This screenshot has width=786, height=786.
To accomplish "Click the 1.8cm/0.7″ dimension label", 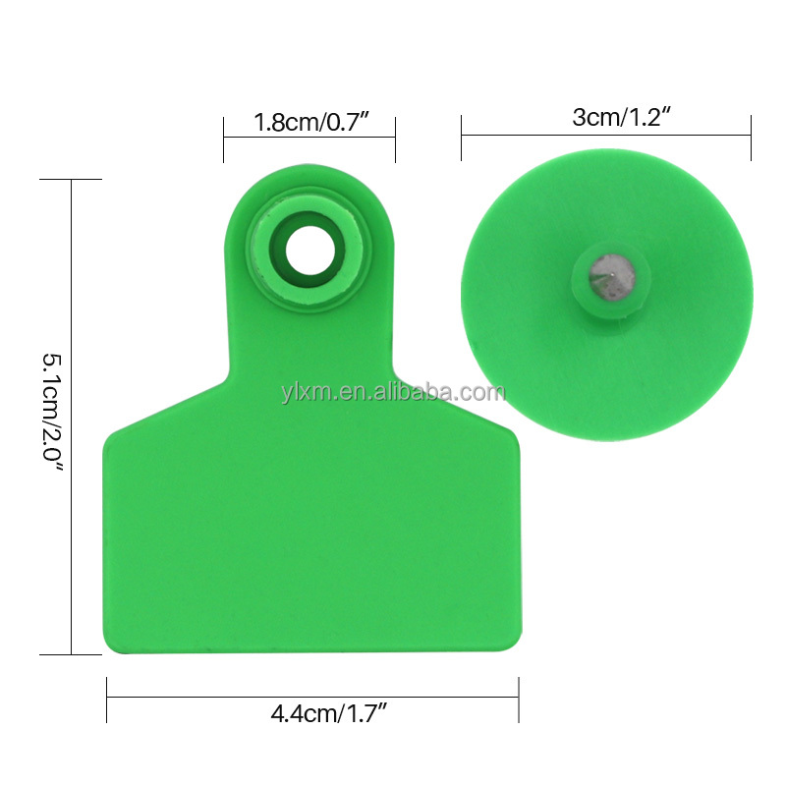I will (x=309, y=124).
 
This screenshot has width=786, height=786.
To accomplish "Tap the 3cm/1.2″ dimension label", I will (x=606, y=118).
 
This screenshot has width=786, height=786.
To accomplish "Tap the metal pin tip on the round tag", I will (x=605, y=272).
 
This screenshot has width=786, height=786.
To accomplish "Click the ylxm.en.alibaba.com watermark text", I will (x=391, y=393).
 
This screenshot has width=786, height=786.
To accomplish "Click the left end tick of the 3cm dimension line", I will (x=462, y=136).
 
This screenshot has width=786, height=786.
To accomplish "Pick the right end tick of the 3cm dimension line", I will (x=751, y=136).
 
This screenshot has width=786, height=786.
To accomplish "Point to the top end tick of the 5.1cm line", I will (x=71, y=180).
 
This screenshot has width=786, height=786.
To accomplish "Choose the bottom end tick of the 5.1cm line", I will (x=71, y=653).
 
